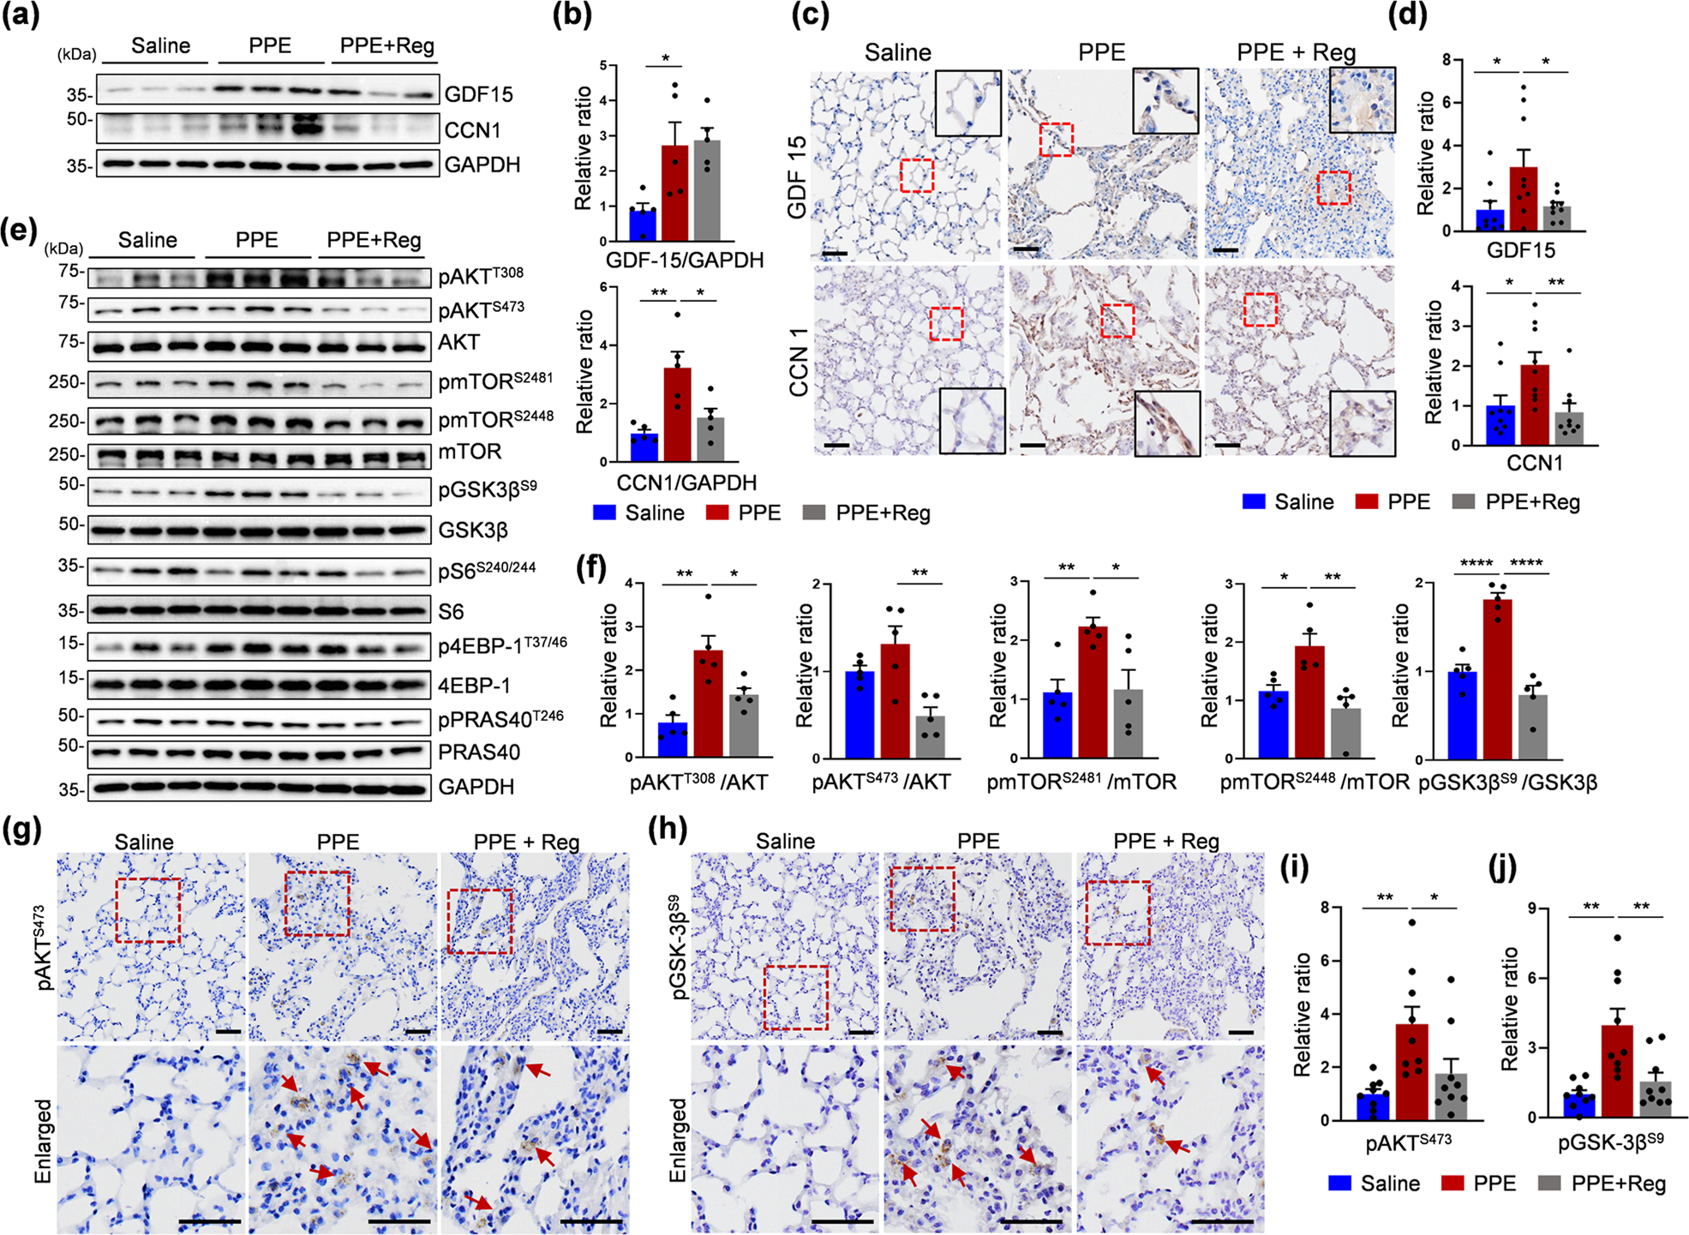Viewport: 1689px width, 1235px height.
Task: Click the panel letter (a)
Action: click(x=21, y=16)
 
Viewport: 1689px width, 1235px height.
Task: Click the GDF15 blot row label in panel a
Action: click(x=478, y=94)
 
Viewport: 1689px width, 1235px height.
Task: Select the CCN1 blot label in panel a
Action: click(x=472, y=130)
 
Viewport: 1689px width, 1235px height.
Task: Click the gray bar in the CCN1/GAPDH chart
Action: click(x=710, y=440)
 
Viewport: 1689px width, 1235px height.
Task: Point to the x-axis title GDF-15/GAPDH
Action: click(x=684, y=260)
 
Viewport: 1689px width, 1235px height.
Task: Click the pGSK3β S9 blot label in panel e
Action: click(x=487, y=489)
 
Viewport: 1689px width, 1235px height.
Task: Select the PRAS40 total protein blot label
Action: click(x=479, y=752)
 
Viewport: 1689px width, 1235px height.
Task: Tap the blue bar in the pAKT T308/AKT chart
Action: click(x=673, y=740)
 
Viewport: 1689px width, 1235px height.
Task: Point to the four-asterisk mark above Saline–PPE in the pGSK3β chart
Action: click(x=1476, y=563)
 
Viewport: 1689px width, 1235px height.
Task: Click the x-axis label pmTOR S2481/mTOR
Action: click(x=1081, y=782)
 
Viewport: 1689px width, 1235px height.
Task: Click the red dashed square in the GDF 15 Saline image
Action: click(x=916, y=175)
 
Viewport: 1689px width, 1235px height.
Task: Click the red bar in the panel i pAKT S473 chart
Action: click(x=1411, y=1072)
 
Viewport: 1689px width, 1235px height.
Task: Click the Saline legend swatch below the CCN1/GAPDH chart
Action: click(x=605, y=513)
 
